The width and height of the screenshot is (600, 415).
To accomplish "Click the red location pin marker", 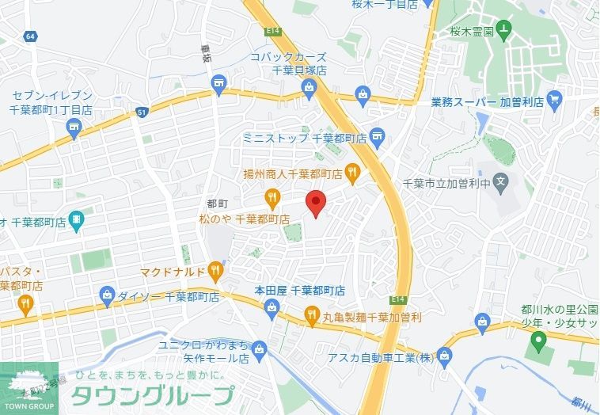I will [316, 203].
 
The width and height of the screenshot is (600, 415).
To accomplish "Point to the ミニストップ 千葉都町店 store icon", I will [377, 138].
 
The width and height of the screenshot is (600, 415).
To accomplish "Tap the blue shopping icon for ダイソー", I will [108, 297].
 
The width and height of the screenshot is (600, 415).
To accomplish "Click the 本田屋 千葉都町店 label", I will [299, 290].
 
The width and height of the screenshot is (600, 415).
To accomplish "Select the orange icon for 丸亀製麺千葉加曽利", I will [312, 317].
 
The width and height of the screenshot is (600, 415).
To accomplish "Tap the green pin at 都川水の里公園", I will [538, 342].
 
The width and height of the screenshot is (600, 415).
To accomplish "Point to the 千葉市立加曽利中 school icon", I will [500, 183].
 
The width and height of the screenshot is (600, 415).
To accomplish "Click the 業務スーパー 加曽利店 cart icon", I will [554, 101].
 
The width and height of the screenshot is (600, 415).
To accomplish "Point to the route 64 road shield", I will [30, 36].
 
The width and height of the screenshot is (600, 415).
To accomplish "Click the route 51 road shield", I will [141, 113].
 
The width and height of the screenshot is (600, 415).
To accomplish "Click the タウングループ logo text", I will [153, 394].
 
